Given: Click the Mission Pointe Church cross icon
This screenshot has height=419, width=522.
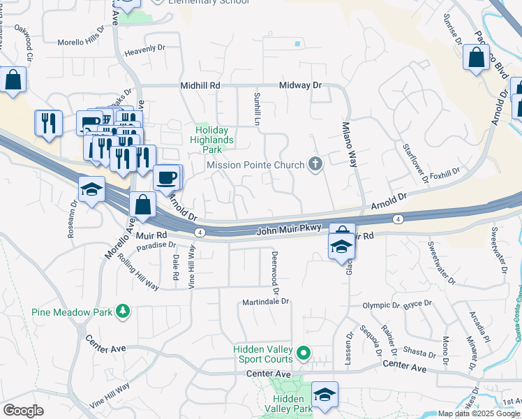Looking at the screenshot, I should pyautogui.click(x=315, y=165).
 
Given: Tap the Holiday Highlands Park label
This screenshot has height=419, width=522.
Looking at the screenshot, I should pyautogui.click(x=214, y=138).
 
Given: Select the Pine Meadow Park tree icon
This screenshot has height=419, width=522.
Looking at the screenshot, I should pyautogui.click(x=123, y=310).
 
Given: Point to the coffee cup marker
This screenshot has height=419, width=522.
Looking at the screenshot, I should pyautogui.click(x=167, y=177).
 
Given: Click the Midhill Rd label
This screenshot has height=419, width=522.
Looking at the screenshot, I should pyautogui.click(x=200, y=85).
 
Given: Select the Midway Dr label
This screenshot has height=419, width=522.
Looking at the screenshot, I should pyautogui.click(x=300, y=85).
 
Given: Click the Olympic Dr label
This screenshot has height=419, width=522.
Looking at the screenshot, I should pyautogui.click(x=381, y=306).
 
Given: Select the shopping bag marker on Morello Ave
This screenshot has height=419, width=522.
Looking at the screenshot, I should pyautogui.click(x=142, y=205).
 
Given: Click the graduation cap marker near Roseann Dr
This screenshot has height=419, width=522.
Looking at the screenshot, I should pyautogui.click(x=91, y=190).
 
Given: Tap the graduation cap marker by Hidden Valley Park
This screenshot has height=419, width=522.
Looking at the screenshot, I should pyautogui.click(x=324, y=395).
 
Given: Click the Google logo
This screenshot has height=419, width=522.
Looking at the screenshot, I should pyautogui.click(x=23, y=411).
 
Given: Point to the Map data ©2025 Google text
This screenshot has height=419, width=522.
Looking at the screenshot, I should pyautogui.click(x=479, y=413).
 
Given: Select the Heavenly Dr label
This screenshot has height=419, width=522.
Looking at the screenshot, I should pyautogui.click(x=144, y=50).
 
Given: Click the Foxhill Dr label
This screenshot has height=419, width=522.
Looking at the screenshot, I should pyautogui.click(x=445, y=171).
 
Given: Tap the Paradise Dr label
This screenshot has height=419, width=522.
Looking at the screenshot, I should pyautogui.click(x=156, y=245).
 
